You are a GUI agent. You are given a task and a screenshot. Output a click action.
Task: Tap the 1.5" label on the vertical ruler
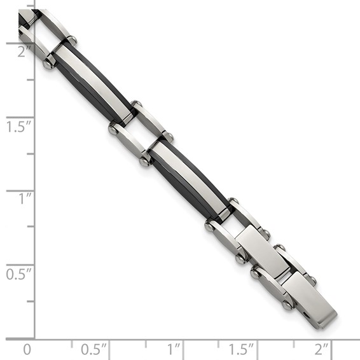click(19, 126)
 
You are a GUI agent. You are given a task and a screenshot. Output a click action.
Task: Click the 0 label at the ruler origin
click(27, 349)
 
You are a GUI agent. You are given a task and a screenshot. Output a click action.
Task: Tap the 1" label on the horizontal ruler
click(174, 349)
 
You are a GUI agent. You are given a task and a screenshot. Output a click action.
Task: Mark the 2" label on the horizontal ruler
click(322, 349)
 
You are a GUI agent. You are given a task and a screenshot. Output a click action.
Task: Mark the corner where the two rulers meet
click(34, 338)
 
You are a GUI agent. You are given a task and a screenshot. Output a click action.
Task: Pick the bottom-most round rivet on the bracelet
click(287, 305)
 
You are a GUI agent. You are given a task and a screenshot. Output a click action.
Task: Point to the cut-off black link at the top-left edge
click(25, 17)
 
